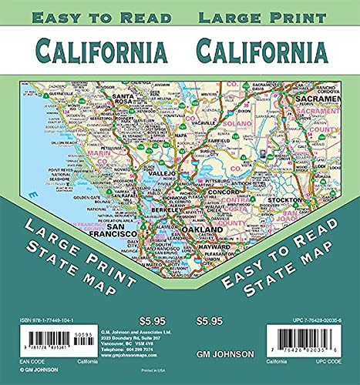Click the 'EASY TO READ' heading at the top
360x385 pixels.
[x=92, y=17]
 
